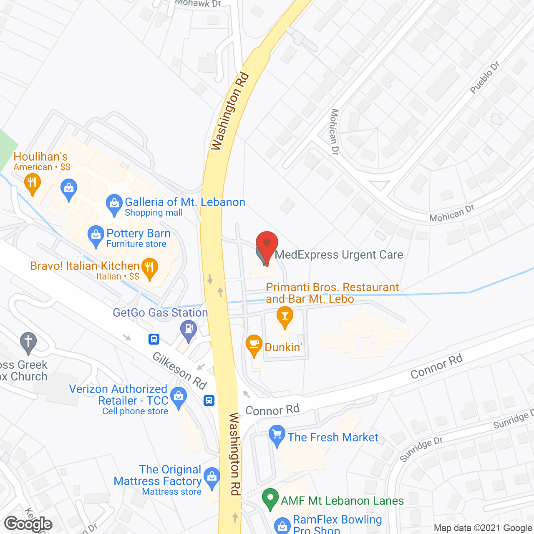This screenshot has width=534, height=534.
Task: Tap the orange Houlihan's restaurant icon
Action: coord(32,184)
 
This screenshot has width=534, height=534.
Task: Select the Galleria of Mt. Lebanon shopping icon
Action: coord(113,204)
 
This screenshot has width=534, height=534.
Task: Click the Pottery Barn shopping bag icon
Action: coord(96,236)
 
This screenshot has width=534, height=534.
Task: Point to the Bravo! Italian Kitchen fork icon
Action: coord(149,268)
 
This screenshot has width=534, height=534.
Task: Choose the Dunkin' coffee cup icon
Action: coord(254,345)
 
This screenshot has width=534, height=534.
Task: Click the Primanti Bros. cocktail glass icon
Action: coord(285,317)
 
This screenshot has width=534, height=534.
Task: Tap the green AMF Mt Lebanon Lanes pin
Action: coord(270,499)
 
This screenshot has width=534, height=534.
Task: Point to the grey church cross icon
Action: coord(28,343)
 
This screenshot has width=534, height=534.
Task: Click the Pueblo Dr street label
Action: coord(484,78)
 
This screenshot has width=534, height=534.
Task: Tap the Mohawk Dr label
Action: coord(198,3)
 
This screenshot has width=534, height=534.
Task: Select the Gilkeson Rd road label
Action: coord(180,370)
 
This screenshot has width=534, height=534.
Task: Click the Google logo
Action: coord(28,524)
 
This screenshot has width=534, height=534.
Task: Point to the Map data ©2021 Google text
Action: coord(483,528)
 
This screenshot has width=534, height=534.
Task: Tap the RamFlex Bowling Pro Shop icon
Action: coord(282,526)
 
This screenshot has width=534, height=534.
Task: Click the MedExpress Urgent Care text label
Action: coord(339,254)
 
